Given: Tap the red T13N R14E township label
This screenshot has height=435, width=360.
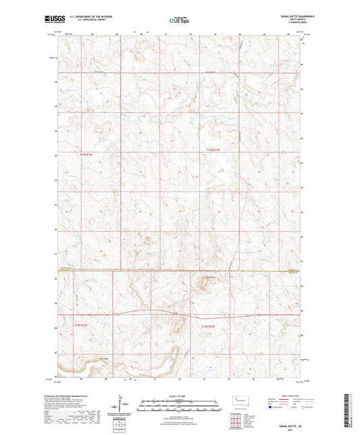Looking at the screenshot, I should [213, 150].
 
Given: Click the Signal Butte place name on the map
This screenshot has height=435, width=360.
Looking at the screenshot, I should [209, 277].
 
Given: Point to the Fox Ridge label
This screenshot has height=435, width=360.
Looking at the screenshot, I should [103, 358].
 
